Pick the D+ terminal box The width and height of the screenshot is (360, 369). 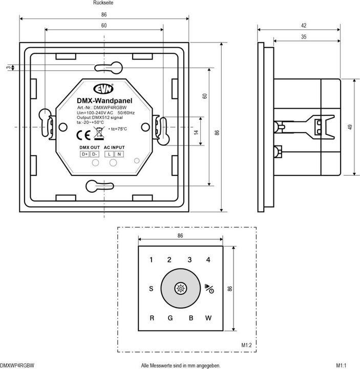[84, 154]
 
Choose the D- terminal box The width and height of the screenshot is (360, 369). [94, 154]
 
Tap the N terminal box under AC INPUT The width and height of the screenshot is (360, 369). [119, 154]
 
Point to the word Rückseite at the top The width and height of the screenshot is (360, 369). [103, 3]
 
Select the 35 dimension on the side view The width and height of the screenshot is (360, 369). [304, 36]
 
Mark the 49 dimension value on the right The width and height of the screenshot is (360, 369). [350, 127]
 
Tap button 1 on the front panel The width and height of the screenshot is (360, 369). [151, 260]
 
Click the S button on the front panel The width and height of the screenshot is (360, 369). [151, 289]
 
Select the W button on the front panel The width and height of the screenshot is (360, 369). [208, 318]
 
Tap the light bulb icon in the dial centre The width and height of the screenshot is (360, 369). [180, 289]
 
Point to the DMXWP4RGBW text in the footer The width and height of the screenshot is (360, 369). [17, 365]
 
